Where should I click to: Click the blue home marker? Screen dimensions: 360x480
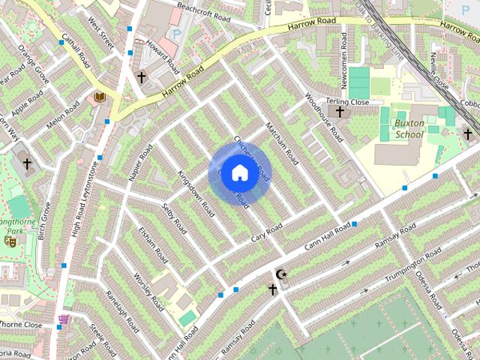pyautogui.click(x=238, y=172)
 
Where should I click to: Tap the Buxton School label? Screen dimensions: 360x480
pyautogui.click(x=410, y=128)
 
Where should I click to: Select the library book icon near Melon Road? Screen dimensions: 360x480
pyautogui.click(x=100, y=97)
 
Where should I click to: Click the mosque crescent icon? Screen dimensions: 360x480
pyautogui.click(x=282, y=274)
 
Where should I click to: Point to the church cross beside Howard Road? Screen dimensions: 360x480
pyautogui.click(x=141, y=76)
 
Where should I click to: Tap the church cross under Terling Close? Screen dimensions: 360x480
pyautogui.click(x=340, y=112)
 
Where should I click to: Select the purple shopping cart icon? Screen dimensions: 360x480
pyautogui.click(x=64, y=319)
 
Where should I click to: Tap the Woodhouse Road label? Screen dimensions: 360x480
pyautogui.click(x=324, y=118)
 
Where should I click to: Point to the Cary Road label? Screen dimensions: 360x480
pyautogui.click(x=266, y=233)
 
